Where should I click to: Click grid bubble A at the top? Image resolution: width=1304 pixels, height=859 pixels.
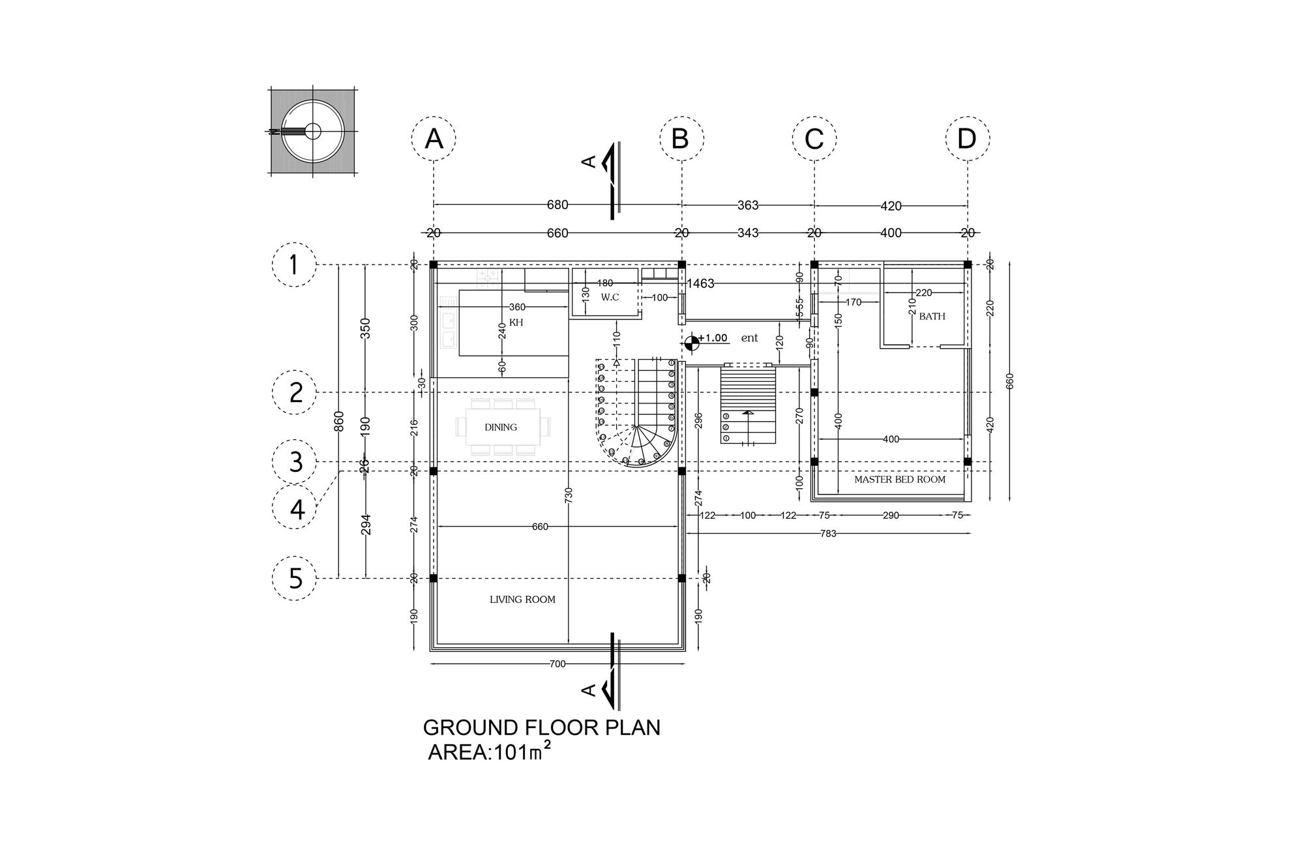(x=434, y=139)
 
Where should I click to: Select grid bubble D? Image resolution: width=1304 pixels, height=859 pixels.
(x=968, y=139)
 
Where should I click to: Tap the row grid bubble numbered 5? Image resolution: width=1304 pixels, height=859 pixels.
(x=295, y=578)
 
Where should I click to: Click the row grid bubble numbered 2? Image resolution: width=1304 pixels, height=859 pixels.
(x=295, y=392)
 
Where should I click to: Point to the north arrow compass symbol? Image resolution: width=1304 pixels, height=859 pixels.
(x=313, y=131)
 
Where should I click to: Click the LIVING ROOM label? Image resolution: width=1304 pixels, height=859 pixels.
(x=522, y=600)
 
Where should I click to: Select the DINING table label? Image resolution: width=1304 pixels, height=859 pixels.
(x=501, y=428)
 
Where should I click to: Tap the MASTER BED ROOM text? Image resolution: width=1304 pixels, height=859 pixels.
(x=899, y=480)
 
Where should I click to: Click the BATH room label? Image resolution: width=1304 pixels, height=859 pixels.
(x=932, y=317)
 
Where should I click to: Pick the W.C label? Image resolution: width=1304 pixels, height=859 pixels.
(x=610, y=297)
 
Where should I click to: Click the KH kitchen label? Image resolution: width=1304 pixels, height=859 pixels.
(x=516, y=323)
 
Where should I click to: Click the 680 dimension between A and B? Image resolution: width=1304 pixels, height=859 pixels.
(x=557, y=205)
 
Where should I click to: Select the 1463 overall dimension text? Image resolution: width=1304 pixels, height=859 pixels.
(x=700, y=284)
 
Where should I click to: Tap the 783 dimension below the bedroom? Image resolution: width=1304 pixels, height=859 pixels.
(x=827, y=534)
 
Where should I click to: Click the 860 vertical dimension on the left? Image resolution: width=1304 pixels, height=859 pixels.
(x=338, y=422)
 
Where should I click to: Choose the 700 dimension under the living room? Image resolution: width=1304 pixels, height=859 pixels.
(x=557, y=664)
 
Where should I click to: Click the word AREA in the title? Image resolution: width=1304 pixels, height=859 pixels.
(x=458, y=753)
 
